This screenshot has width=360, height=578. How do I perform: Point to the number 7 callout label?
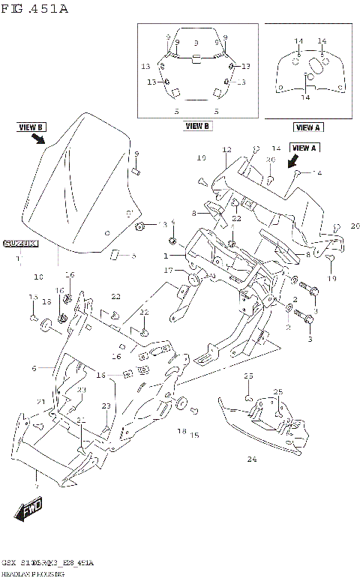click(x=36, y=487)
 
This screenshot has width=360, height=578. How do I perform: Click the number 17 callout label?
click(x=169, y=270)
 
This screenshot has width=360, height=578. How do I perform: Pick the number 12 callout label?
click(x=226, y=150)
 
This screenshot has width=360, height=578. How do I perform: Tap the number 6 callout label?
click(x=34, y=368)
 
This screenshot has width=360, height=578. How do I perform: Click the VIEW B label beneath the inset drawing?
click(x=198, y=126)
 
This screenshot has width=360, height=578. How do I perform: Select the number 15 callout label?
click(x=194, y=435)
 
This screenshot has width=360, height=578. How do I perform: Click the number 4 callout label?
click(x=172, y=223)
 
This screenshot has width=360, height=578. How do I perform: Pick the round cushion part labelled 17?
click(x=192, y=280)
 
